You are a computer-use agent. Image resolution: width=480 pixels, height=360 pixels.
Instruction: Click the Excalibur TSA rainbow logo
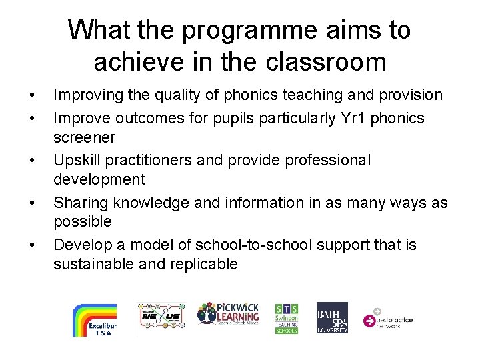[94, 320]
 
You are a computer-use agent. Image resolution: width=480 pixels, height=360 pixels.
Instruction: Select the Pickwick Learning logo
[227, 313]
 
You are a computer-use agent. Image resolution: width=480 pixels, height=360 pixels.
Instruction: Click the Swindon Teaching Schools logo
[287, 318]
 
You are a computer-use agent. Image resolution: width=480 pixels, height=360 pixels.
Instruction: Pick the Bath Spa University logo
[332, 317]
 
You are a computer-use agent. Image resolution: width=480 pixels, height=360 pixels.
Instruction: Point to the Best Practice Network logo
[388, 318]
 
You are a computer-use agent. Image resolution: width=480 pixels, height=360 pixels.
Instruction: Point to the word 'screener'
[85, 138]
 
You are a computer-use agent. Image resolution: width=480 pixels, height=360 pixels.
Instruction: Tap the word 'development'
[99, 179]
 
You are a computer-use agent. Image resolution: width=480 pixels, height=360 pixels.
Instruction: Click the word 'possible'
[83, 221]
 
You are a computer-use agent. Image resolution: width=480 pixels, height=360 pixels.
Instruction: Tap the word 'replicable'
[199, 264]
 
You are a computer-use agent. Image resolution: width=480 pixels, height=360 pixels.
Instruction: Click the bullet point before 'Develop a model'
[33, 245]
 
